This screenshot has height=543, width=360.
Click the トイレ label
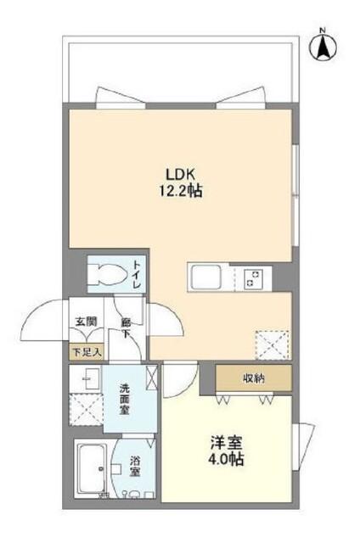136,273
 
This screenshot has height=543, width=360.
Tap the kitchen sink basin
205,277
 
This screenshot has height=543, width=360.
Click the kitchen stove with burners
253,277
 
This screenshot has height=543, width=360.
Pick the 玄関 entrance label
85,322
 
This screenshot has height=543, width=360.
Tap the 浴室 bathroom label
134,466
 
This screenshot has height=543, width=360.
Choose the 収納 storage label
253,378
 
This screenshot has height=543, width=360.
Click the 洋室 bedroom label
226,443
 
